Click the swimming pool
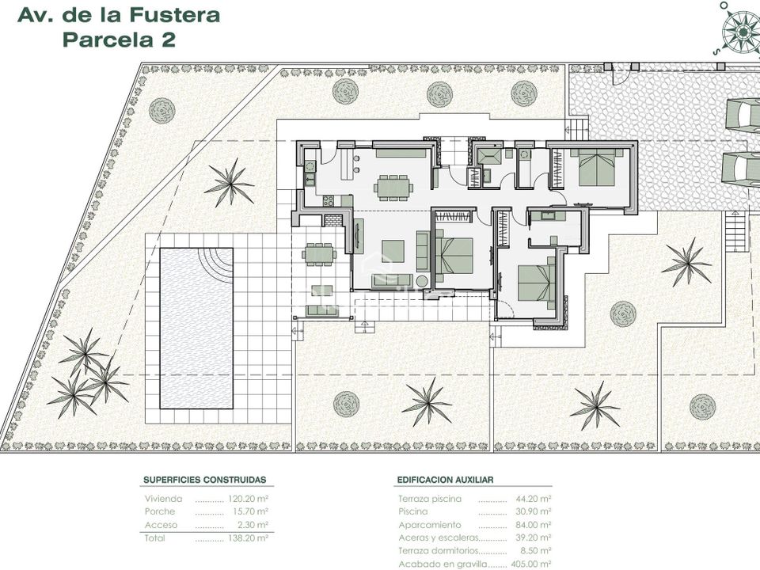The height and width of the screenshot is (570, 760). (196, 329)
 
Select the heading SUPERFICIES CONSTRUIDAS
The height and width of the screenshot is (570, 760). (204, 480)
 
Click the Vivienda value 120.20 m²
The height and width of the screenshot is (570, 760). (248, 499)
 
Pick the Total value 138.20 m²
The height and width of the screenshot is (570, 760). (248, 538)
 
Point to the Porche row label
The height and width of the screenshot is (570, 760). (159, 511)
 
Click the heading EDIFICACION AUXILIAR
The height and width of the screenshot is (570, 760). (445, 480)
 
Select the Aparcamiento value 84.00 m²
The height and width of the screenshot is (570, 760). (531, 525)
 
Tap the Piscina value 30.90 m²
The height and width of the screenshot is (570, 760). (531, 511)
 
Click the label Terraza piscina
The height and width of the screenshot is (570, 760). (430, 499)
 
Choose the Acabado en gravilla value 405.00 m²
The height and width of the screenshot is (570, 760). (529, 564)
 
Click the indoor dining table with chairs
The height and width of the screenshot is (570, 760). (393, 187)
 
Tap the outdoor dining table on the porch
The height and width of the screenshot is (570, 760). (319, 253)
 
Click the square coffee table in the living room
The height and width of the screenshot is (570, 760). (393, 251)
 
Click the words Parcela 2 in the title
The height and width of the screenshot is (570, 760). (120, 40)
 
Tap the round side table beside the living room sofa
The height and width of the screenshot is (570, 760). (422, 281)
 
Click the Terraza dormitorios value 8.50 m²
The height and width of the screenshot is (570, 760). (534, 551)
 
